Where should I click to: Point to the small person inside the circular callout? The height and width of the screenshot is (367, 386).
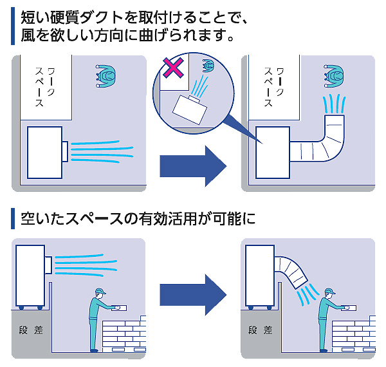[208, 66]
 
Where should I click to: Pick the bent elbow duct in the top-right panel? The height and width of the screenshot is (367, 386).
[321, 144]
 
